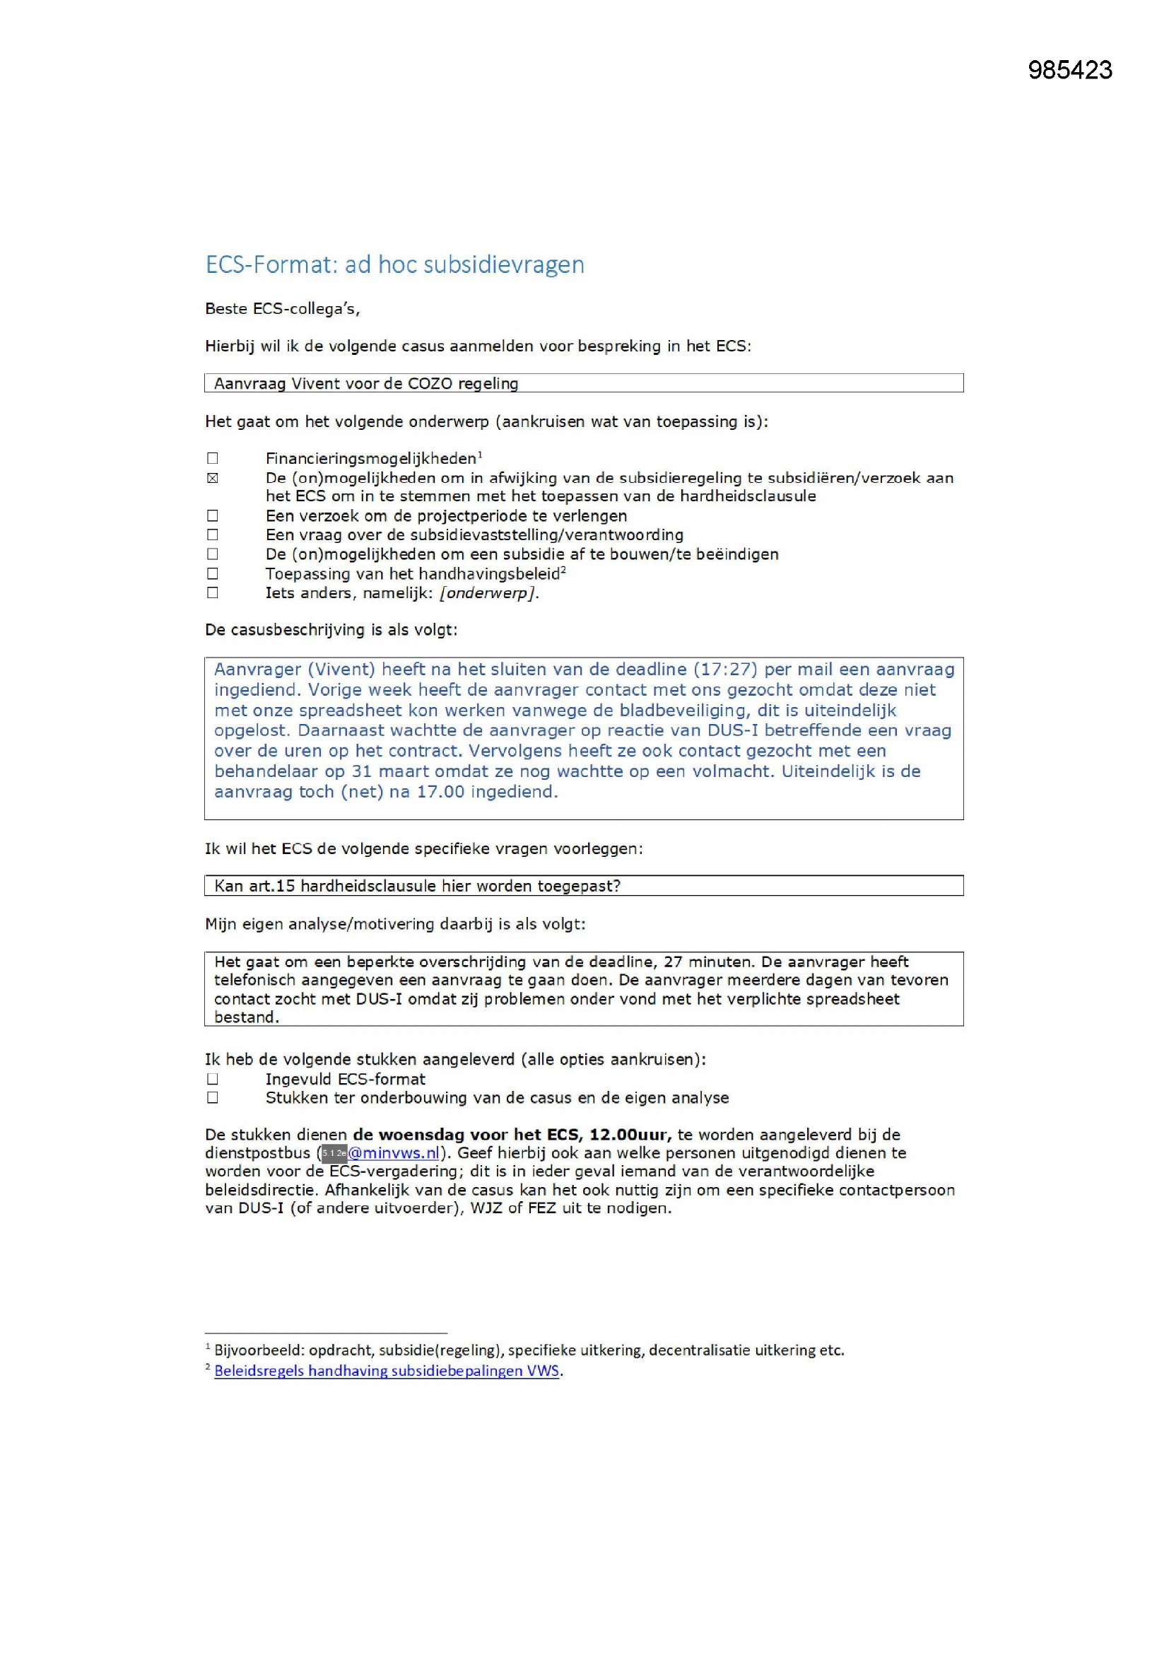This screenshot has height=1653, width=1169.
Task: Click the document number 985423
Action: click(1069, 70)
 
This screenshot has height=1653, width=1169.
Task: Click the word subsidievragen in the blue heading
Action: click(503, 265)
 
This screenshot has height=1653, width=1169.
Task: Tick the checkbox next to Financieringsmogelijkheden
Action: click(212, 459)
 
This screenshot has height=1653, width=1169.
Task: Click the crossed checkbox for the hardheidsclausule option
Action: click(212, 478)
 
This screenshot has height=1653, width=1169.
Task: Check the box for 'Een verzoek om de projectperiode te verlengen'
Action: click(212, 515)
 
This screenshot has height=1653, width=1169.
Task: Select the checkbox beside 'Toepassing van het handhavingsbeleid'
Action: click(212, 574)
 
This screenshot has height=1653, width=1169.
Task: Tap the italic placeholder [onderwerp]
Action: click(489, 593)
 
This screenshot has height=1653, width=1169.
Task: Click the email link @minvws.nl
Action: click(394, 1152)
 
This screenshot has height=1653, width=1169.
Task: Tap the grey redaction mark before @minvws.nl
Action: click(334, 1152)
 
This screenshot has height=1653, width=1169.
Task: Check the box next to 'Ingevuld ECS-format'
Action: click(212, 1078)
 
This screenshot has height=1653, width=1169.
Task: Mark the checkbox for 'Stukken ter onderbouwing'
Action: click(212, 1097)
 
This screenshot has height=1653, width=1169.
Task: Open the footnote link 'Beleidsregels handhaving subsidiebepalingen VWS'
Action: click(387, 1371)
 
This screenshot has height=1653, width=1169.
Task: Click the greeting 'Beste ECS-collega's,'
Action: click(282, 309)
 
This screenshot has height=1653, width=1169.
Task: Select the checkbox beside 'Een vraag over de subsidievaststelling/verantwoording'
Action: click(212, 535)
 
